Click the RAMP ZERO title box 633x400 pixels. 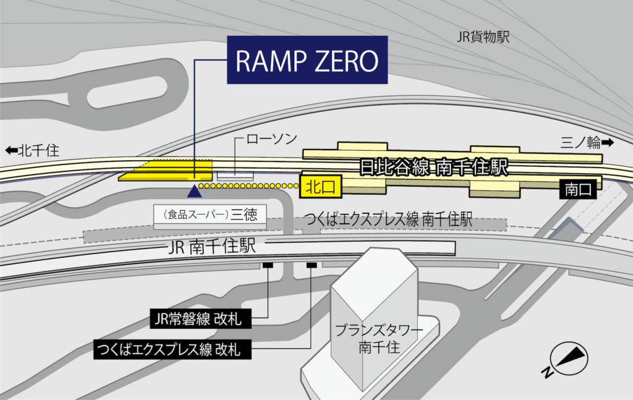[x=307, y=60]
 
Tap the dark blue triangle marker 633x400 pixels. [x=195, y=189]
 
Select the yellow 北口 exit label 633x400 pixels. [x=321, y=185]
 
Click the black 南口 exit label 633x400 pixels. [x=578, y=189]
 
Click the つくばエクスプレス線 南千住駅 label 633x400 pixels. [x=390, y=219]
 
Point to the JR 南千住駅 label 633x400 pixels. [x=212, y=247]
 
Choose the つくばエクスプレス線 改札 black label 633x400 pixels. [x=174, y=349]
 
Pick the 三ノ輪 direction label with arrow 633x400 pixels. [x=587, y=143]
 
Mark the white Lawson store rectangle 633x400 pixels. [x=235, y=176]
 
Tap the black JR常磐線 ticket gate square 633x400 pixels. [x=268, y=265]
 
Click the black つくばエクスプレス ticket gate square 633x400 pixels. [x=312, y=265]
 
